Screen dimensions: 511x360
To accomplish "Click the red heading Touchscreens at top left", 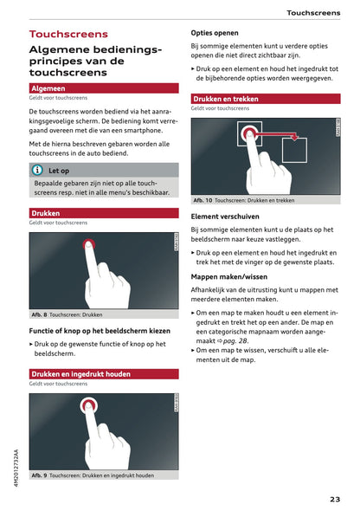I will (x=68, y=35).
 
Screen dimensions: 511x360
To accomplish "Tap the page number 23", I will (x=335, y=498).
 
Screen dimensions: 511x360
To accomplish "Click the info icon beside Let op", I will (x=37, y=171).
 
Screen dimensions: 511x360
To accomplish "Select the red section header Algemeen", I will (x=48, y=88).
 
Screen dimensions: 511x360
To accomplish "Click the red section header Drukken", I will (x=46, y=212).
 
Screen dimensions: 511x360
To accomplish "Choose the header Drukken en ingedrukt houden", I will (x=81, y=373).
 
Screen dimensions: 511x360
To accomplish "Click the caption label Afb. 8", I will (x=39, y=314).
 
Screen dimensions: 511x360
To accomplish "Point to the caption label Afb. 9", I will (x=39, y=475).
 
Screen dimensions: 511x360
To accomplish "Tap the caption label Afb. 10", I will (x=202, y=200).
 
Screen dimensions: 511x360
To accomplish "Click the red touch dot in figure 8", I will (x=88, y=246).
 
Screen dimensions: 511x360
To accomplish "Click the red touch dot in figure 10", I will (x=250, y=134).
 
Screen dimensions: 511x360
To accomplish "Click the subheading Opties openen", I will (x=215, y=33).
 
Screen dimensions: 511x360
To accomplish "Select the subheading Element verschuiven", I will (x=227, y=216).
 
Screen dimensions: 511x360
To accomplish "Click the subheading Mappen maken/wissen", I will (x=229, y=276).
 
